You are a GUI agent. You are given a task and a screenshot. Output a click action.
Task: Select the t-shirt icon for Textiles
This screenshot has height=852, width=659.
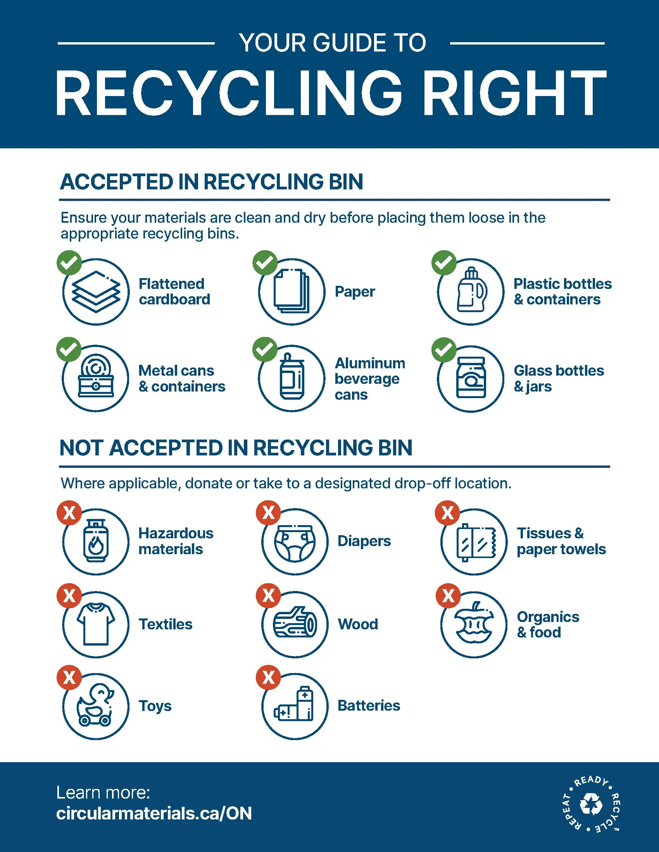coord(96,624)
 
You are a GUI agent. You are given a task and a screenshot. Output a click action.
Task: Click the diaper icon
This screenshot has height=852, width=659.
coord(294,541)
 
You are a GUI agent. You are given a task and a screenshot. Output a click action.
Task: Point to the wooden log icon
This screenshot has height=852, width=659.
coord(294,624)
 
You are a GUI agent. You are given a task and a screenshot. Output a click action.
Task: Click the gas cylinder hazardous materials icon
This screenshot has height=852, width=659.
coord(96,541)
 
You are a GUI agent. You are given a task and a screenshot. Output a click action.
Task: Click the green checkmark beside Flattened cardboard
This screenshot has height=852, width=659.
coord(69,263)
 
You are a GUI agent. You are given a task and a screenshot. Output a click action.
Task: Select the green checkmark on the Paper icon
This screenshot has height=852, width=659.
coord(265,263)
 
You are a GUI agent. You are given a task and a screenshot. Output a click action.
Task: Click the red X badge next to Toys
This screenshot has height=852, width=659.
coord(69,678)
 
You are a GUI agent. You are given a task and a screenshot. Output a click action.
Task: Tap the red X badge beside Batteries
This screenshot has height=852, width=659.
coord(268,678)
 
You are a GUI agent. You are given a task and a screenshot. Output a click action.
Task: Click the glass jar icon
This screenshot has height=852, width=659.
coord(471,378)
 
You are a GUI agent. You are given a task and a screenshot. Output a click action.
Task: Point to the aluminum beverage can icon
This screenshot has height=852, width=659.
coord(291,378)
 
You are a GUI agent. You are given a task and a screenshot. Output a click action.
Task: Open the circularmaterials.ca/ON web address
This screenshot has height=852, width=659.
coord(154,814)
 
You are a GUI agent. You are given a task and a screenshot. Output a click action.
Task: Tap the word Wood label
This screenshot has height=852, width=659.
coord(358,624)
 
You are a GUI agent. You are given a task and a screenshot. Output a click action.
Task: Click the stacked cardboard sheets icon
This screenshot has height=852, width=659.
coord(96,291)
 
